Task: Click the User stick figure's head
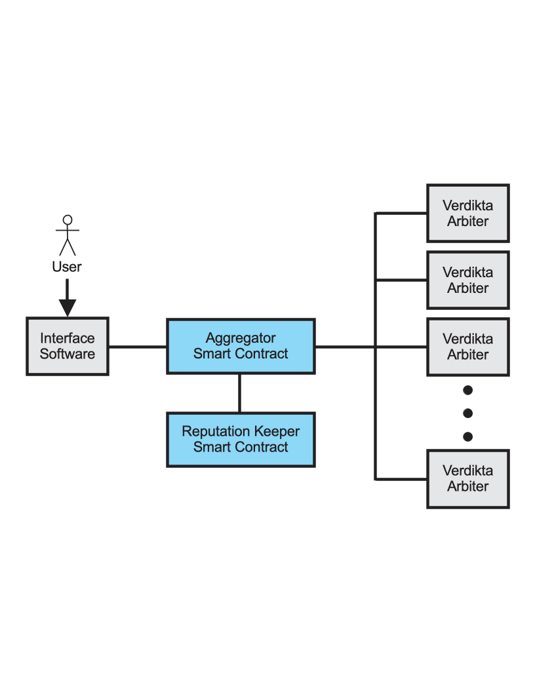pyautogui.click(x=68, y=220)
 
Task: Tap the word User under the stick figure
pyautogui.click(x=67, y=267)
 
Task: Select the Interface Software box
pyautogui.click(x=68, y=346)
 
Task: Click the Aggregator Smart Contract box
pyautogui.click(x=241, y=346)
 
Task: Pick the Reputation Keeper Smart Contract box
pyautogui.click(x=241, y=439)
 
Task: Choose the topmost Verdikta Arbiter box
pyautogui.click(x=468, y=213)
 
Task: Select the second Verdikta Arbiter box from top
pyautogui.click(x=468, y=280)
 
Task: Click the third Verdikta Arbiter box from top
pyautogui.click(x=468, y=347)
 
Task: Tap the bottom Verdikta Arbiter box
pyautogui.click(x=468, y=478)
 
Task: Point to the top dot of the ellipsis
pyautogui.click(x=468, y=390)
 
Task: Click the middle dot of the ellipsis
pyautogui.click(x=468, y=413)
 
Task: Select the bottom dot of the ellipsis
pyautogui.click(x=468, y=436)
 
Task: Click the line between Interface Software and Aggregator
pyautogui.click(x=138, y=346)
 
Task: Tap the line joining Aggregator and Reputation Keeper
pyautogui.click(x=239, y=393)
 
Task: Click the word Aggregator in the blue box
pyautogui.click(x=241, y=338)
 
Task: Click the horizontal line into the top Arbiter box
pyautogui.click(x=401, y=213)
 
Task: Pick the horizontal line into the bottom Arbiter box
pyautogui.click(x=401, y=479)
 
